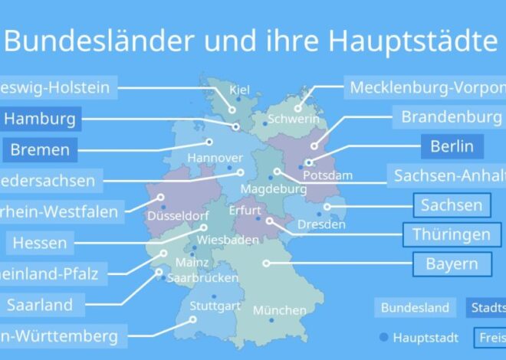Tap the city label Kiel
[239, 90]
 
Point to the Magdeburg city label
[274, 188]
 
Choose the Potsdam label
[327, 175]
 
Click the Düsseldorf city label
[183, 217]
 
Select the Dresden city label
[321, 225]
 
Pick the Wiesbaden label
[217, 240]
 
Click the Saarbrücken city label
[202, 278]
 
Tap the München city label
[279, 310]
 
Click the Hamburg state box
[41, 119]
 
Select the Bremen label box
[41, 149]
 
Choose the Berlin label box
[452, 146]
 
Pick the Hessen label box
[38, 243]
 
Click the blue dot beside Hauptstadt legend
[383, 337]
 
